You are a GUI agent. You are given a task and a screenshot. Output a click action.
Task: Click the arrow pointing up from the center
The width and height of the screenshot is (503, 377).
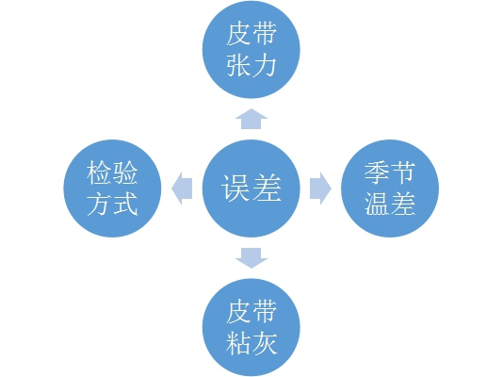tap(251, 119)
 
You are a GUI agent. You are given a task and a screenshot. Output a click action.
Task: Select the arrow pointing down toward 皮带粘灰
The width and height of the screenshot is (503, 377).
tap(251, 258)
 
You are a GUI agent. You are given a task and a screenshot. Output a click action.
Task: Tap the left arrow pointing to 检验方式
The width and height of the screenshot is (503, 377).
tap(182, 188)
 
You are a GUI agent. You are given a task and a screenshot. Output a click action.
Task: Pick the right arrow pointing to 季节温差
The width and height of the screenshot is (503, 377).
tap(320, 188)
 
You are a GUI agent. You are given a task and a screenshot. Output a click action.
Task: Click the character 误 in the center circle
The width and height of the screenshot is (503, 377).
tap(235, 188)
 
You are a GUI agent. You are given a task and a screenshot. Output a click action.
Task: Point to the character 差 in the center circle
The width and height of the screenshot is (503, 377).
tap(267, 188)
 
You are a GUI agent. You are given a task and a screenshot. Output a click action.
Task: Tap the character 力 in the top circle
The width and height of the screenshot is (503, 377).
tap(264, 65)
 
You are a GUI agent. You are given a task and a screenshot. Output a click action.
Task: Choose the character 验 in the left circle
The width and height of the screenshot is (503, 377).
tap(125, 172)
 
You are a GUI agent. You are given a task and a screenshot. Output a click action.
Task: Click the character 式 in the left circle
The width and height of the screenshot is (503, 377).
tap(125, 205)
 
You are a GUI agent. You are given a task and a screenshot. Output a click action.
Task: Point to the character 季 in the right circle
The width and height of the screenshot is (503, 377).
tap(377, 172)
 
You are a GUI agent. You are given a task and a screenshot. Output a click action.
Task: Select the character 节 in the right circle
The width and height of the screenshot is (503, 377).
tap(403, 172)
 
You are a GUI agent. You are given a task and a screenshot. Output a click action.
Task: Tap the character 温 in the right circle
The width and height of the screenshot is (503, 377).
tap(377, 205)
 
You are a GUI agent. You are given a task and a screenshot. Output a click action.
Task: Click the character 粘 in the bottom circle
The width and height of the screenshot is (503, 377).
tap(238, 343)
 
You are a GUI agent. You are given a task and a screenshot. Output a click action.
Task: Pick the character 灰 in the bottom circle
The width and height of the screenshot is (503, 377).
tap(264, 343)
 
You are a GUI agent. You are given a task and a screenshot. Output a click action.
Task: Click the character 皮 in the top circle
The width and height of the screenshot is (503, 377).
tap(238, 34)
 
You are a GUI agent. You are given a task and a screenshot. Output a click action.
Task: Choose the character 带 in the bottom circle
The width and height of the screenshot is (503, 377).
tap(264, 312)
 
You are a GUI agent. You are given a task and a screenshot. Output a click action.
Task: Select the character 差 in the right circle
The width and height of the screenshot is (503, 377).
tap(403, 205)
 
